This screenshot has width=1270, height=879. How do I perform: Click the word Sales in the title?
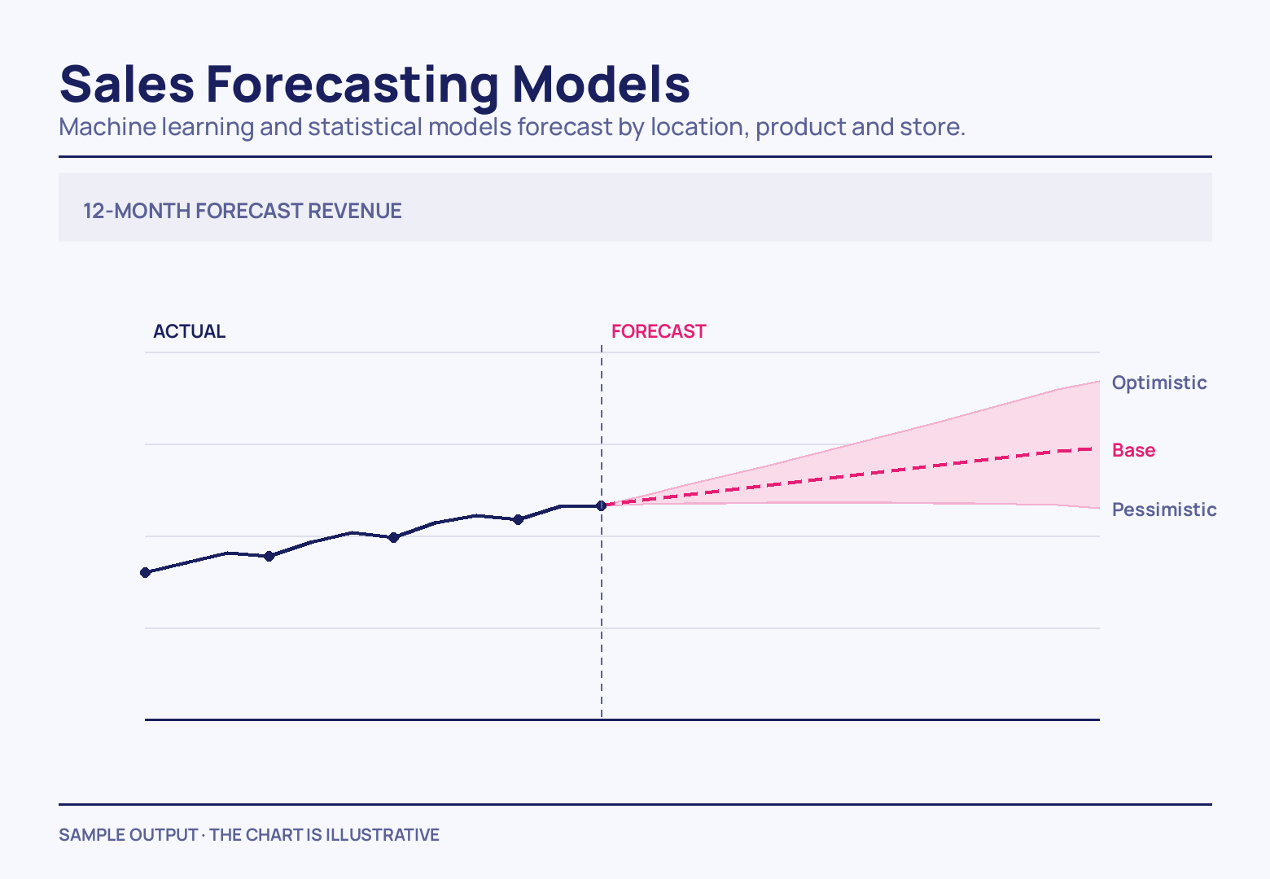[x=127, y=85]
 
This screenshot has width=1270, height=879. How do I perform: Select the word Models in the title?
[x=601, y=84]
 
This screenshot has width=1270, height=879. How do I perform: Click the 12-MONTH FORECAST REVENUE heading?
[x=243, y=211]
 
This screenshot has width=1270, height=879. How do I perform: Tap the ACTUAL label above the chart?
[x=190, y=331]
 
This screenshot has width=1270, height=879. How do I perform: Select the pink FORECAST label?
[x=659, y=331]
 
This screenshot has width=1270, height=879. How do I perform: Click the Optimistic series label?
[x=1159, y=383]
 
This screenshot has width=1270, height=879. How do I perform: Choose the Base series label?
[x=1133, y=450]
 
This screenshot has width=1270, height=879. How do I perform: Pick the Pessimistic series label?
[x=1164, y=509]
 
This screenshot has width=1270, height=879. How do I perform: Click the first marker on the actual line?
[x=145, y=572]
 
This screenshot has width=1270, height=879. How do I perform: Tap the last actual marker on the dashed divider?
[x=602, y=505]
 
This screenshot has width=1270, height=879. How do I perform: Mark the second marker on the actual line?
[x=269, y=556]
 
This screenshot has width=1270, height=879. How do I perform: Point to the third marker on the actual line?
[x=394, y=537]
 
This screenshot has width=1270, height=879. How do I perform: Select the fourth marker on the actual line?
[x=519, y=519]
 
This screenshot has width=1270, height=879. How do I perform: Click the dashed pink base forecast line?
[x=847, y=476]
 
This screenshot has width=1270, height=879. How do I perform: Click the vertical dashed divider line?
[x=602, y=531]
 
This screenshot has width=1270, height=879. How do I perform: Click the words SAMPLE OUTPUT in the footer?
[x=128, y=835]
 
